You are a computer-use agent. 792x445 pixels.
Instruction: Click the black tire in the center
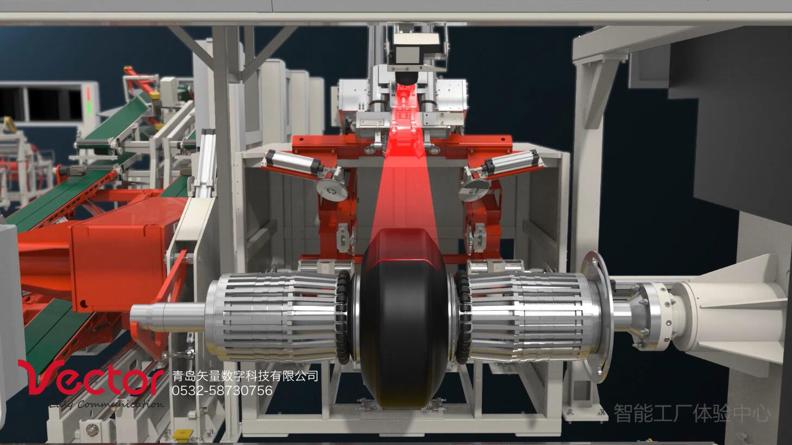tap(402, 321)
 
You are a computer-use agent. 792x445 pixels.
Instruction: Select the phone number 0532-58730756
tap(222, 391)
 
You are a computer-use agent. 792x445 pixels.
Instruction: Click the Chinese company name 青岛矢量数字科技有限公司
tap(244, 376)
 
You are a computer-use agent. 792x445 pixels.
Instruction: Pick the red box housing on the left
tap(117, 261)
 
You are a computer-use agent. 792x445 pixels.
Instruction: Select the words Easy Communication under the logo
tap(106, 405)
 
